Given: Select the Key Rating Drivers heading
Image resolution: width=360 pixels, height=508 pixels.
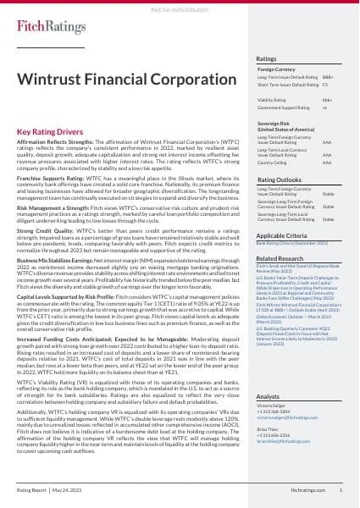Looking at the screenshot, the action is [53, 132].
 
